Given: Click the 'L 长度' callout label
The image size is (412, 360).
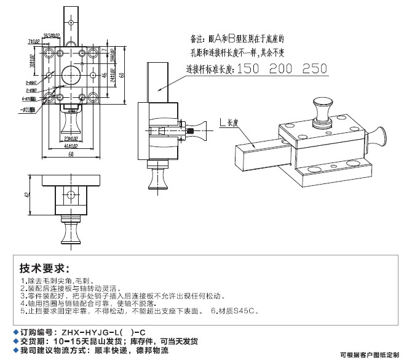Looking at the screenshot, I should click(x=229, y=124).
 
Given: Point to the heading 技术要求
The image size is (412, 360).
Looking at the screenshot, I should click(x=42, y=269).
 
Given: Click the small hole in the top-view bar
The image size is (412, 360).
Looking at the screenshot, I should click(x=72, y=22).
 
